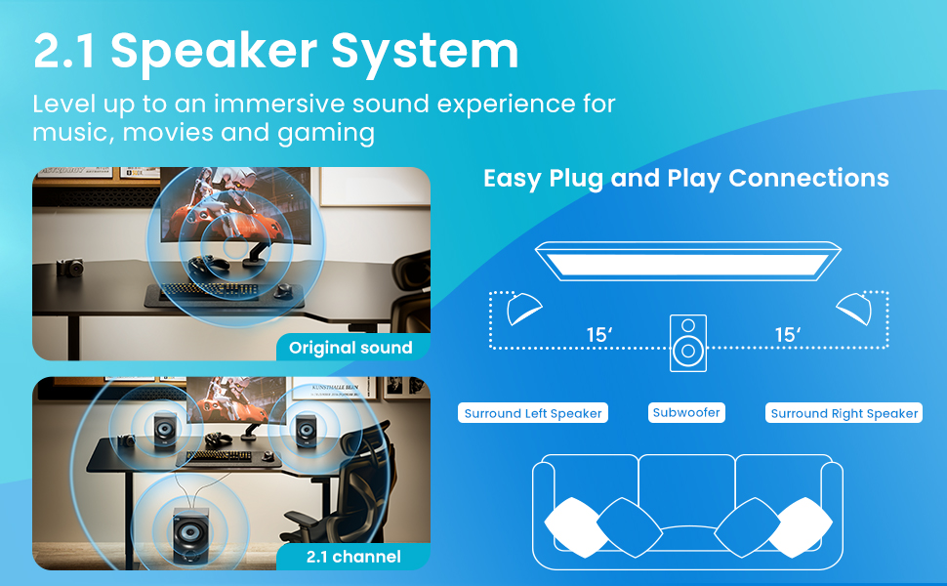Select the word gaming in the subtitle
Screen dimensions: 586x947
[328, 132]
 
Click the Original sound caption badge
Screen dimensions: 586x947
[350, 347]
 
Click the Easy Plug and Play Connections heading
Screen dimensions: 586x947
[685, 178]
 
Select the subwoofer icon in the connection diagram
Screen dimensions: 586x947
[688, 342]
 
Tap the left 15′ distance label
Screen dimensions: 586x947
[598, 335]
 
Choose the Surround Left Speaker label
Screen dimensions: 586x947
[533, 413]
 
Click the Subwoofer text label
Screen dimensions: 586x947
[686, 412]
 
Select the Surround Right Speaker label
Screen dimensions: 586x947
[844, 413]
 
